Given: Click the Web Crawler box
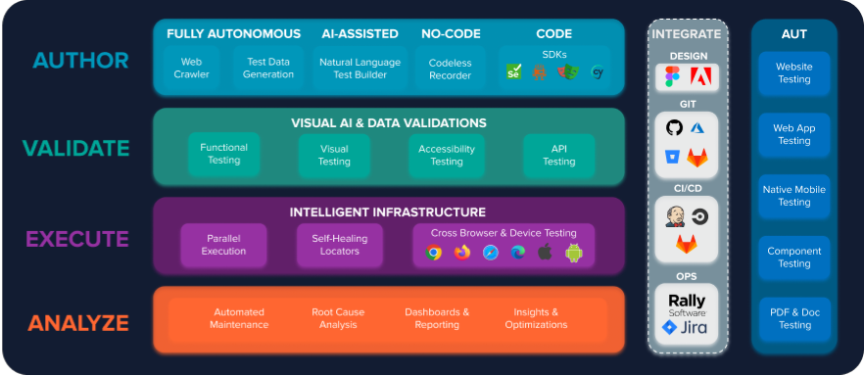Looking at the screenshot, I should pos(192,69).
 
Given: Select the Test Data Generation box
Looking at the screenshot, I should pos(268,69).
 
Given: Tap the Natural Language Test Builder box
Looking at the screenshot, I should pos(360,69).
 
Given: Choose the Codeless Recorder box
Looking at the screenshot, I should pos(450,69).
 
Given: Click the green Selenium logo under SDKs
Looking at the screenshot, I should pos(513,71).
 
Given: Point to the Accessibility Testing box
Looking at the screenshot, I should pos(447,155).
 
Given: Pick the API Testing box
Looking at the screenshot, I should pos(558,155).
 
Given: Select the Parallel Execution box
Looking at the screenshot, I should pos(224,245).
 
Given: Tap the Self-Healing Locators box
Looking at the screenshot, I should pos(340,245).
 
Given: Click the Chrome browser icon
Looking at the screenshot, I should pos(434,253).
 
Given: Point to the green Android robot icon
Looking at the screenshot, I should pos(574,253).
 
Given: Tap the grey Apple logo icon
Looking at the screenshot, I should pos(546,253).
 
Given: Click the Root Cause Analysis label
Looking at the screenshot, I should pos(338,318).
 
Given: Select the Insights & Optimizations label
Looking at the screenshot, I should pos(536,318).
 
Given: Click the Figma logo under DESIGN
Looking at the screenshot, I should pos(672,76).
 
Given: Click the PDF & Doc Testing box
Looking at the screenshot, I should pos(794,319).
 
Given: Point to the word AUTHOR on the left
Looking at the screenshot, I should pos(80,61).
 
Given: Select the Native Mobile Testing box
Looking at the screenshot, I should pos(794,196).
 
